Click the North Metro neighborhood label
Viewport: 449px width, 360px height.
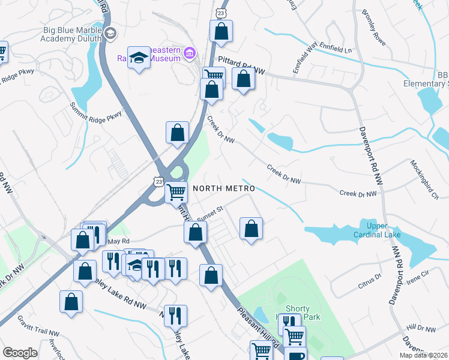pos(224,188)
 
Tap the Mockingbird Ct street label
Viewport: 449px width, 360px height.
pos(426,179)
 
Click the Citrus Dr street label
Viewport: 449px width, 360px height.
pos(370,277)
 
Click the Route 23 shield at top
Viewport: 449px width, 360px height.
pos(221,12)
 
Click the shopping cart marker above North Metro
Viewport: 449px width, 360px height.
pos(176,192)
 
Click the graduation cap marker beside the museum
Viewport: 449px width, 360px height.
pos(139,58)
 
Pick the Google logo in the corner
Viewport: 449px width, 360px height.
pos(20,353)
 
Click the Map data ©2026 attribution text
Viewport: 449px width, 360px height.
pos(423,355)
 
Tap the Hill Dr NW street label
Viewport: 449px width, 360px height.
pos(420,328)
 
